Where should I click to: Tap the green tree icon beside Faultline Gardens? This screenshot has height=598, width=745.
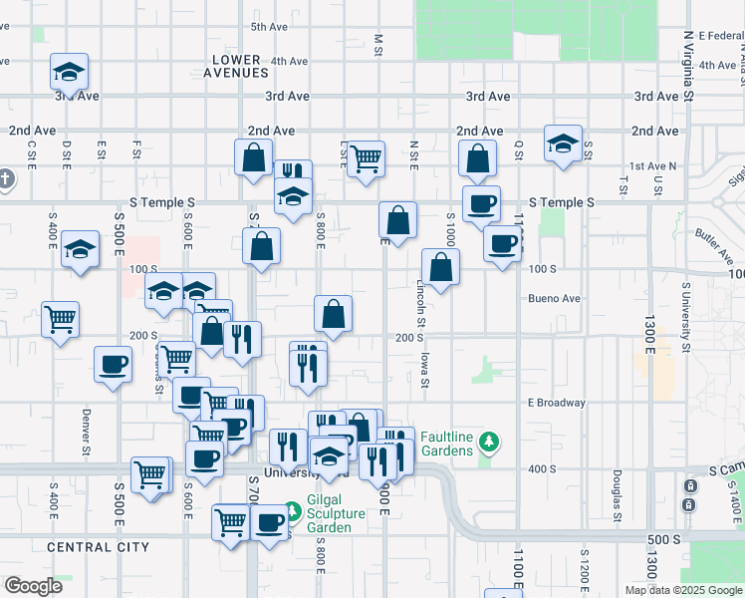click(x=488, y=441)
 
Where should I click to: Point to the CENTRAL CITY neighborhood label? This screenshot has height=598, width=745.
click(x=98, y=547)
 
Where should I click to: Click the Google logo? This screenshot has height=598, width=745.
click(x=33, y=586)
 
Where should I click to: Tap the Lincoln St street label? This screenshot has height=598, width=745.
click(x=421, y=304)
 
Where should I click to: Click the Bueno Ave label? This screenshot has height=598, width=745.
click(x=554, y=298)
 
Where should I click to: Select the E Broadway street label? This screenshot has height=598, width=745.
click(x=556, y=403)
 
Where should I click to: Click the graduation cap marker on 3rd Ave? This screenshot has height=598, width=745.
click(x=69, y=72)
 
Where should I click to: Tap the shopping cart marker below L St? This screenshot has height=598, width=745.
click(x=367, y=157)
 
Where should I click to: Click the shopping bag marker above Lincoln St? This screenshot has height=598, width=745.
click(x=440, y=266)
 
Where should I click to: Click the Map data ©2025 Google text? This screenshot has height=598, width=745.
click(x=683, y=590)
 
